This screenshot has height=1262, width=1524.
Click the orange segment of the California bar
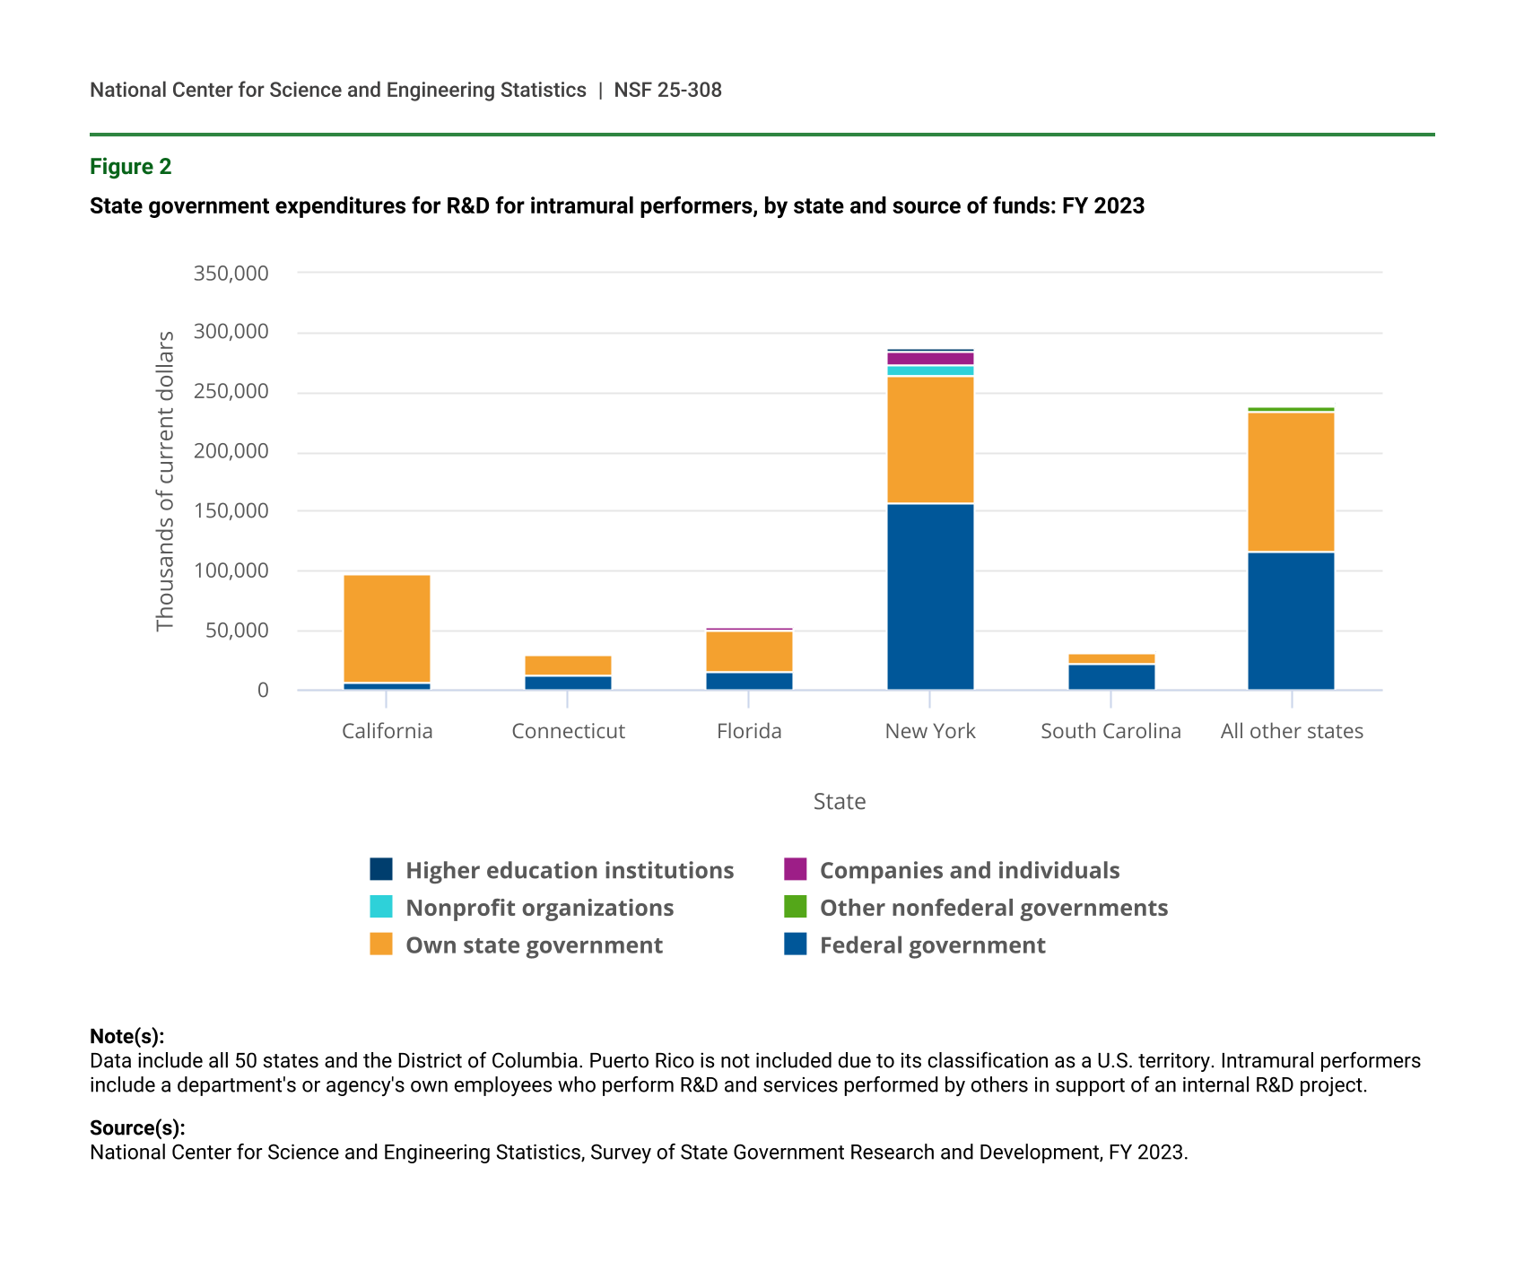pos(387,628)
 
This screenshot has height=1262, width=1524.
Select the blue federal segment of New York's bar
pos(930,596)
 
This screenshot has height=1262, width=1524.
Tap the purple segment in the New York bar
pos(930,359)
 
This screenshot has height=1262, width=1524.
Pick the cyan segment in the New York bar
pos(930,370)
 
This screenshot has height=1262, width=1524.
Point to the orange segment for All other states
pos(1291,482)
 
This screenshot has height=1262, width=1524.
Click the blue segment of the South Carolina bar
pos(1111,676)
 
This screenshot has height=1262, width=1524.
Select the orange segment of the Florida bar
pos(749,651)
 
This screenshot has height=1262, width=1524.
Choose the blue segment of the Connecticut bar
pos(568,683)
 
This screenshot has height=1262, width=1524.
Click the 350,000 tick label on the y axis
pos(231,273)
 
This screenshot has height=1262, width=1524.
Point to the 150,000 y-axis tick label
pos(231,511)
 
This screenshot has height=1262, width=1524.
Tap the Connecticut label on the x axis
pos(568,731)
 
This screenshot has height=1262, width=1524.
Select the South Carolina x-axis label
pos(1110,731)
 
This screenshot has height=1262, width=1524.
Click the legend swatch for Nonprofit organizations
pos(381,907)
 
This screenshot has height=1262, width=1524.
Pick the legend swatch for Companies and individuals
pos(795,869)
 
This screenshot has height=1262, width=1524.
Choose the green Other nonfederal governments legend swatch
pos(795,907)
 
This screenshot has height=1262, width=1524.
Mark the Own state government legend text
pos(534,945)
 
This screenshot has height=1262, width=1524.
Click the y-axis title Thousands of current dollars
pos(165,481)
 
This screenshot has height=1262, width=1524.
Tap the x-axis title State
pos(840,801)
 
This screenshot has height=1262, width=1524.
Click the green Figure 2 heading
pos(131,167)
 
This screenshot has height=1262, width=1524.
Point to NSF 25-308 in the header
pos(667,90)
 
